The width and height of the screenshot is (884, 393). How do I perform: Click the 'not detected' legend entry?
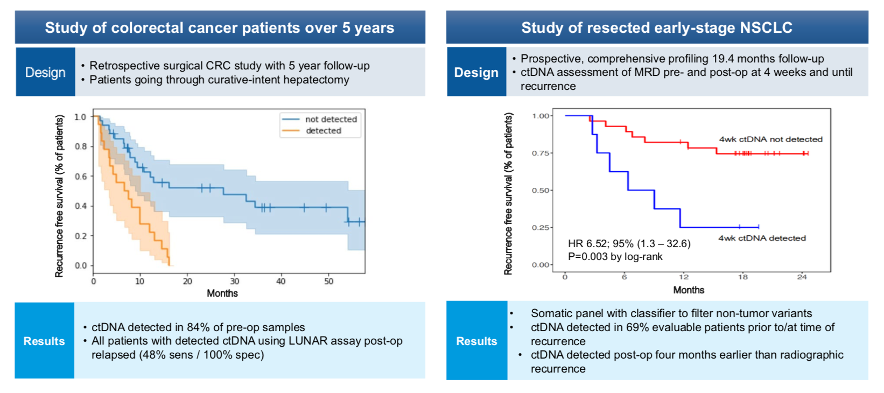331,120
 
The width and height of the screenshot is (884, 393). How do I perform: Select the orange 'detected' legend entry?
323,131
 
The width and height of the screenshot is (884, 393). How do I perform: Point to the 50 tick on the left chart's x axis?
328,281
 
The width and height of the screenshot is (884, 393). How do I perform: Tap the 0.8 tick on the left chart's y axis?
81,146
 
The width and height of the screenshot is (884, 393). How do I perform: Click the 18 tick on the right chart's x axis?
742,277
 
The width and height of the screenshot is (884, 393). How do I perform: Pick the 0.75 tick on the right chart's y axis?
541,153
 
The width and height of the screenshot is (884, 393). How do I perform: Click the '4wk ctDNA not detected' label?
770,139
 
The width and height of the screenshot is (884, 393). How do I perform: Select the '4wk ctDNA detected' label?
762,238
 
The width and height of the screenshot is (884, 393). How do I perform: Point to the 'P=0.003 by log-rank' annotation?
615,257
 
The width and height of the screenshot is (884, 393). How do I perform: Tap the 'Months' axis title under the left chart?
222,293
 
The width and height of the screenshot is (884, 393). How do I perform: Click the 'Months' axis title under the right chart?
689,290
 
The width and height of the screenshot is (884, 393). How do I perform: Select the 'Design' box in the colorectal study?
45,72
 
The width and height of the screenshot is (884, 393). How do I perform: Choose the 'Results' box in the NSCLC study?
476,341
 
